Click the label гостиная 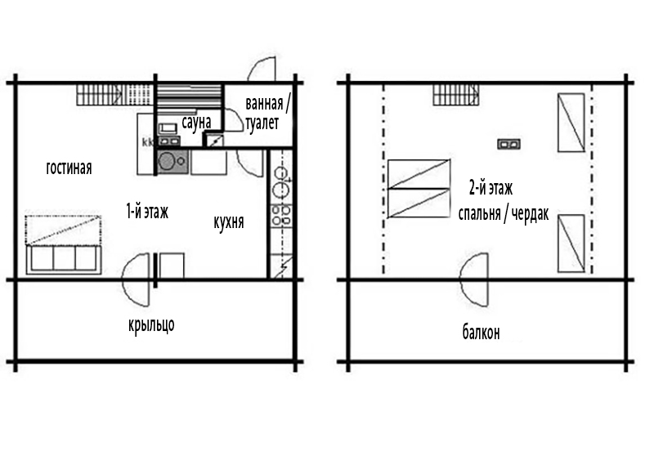point(69,168)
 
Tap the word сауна point(196,122)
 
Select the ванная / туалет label point(267,113)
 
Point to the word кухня point(229,222)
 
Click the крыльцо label point(151,324)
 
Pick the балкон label point(481,333)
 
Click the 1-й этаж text point(147,212)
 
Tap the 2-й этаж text point(491,189)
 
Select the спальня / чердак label point(504,213)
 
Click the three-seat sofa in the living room point(64,259)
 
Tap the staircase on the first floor point(101,95)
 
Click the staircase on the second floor point(455,95)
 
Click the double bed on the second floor point(419,189)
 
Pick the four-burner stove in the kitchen point(281,215)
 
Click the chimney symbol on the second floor point(508,145)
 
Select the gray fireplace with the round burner point(172,162)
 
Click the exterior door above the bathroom point(262,68)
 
